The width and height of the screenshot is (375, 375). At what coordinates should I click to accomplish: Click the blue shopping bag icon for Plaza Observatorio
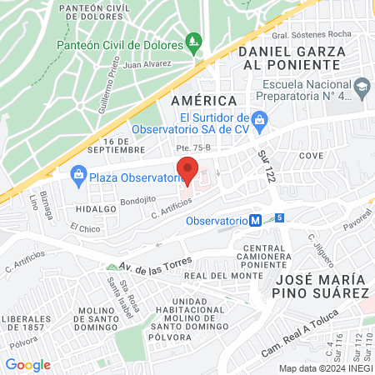(x=79, y=175)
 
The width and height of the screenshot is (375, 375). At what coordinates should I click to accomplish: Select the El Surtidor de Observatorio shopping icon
(x=259, y=119)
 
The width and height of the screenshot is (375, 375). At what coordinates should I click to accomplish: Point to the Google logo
(x=27, y=364)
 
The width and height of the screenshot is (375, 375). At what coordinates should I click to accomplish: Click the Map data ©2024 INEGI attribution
(x=324, y=367)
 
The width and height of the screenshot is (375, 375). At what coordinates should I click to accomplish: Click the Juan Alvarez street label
(x=146, y=63)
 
